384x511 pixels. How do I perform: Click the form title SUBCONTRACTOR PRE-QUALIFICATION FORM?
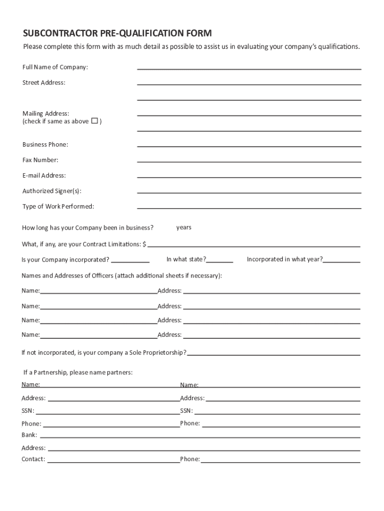[x=117, y=33]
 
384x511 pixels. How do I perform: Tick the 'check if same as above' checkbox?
[x=94, y=121]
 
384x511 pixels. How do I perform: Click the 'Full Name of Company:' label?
[x=55, y=67]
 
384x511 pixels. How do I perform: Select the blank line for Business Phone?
[x=249, y=146]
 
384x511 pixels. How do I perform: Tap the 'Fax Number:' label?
[x=40, y=160]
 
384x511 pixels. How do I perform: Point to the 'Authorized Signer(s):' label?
[x=52, y=191]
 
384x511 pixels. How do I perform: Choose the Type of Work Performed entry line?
[x=249, y=208]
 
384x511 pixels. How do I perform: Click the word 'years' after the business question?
[x=184, y=228]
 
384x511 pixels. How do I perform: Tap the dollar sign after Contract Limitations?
[x=144, y=244]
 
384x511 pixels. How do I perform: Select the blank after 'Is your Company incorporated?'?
[x=130, y=261]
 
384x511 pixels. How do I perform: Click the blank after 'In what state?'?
[x=220, y=261]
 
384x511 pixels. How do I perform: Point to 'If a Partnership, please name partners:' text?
[x=78, y=372]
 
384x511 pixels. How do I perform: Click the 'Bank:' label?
[x=29, y=435]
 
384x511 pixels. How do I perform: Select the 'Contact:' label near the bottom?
[x=33, y=459]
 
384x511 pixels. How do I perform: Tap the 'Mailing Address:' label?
[x=46, y=113]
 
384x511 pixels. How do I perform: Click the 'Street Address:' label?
[x=44, y=82]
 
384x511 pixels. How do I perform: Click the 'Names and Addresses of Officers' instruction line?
[x=122, y=275]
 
